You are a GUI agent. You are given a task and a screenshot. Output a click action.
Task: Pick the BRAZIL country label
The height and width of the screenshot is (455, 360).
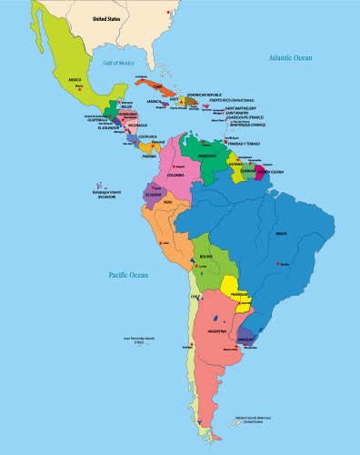click(282, 235)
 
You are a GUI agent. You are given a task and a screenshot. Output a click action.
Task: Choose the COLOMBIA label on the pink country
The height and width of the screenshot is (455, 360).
click(178, 176)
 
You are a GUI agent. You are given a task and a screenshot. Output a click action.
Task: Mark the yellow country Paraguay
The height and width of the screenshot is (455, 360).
click(238, 294)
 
